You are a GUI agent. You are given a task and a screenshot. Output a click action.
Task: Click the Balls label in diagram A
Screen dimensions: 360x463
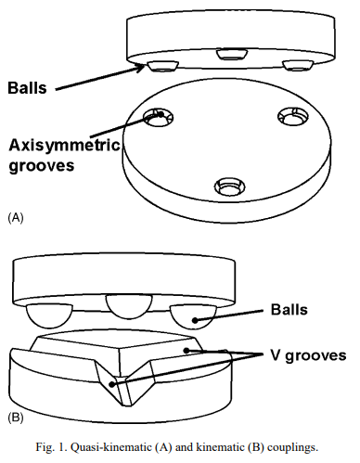[27, 87]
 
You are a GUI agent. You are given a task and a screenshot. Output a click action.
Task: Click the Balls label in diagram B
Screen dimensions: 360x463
[289, 309]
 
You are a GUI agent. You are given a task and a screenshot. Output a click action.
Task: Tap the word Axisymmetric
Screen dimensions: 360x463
[64, 145]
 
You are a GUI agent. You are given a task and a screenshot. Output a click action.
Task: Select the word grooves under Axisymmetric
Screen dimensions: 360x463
[42, 166]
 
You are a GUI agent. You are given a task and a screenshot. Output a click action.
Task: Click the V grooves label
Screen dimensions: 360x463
[308, 355]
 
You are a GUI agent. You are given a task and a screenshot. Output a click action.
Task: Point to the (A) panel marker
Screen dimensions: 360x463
[16, 217]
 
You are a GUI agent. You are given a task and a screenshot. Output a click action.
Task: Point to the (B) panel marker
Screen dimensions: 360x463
[16, 418]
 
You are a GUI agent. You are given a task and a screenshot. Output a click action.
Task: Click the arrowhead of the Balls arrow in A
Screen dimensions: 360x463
[141, 67]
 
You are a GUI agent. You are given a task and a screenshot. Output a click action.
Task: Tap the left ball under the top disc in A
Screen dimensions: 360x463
[162, 66]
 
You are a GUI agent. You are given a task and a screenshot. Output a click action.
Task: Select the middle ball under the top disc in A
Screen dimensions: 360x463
[232, 54]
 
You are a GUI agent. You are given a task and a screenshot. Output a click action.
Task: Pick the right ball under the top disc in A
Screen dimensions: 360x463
[298, 65]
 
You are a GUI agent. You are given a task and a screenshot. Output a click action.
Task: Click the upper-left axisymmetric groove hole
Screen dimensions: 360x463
[158, 118]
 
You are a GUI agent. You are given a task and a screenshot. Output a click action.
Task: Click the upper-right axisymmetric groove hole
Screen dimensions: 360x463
[293, 117]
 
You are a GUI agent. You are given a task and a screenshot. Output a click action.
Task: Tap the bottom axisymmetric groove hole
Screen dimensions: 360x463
[229, 186]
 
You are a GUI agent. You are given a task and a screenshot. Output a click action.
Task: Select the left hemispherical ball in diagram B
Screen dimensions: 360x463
[49, 315]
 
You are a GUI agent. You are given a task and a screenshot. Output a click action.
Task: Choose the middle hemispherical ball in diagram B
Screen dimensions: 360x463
[129, 306]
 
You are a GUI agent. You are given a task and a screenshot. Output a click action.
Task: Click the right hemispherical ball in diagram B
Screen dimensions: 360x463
[193, 317]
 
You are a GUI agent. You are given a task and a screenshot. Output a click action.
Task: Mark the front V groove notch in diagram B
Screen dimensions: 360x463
[123, 383]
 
